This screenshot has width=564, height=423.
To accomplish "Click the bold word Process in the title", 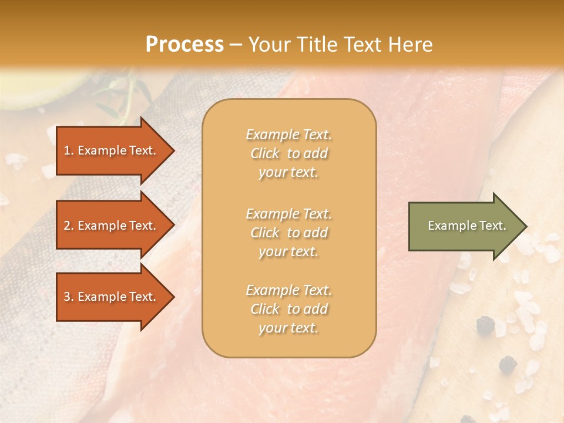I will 184,45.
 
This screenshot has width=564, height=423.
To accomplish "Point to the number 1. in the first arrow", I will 69,150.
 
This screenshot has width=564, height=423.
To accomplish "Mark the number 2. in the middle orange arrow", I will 69,226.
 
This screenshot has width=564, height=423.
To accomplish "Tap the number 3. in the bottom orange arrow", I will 69,297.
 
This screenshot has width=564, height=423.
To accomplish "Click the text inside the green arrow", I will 466,226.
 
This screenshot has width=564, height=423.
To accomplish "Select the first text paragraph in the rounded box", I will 288,153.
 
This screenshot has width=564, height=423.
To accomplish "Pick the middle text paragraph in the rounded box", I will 288,232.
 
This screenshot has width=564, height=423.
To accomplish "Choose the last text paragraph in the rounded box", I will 288,309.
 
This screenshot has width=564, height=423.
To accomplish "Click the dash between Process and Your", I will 236,45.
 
